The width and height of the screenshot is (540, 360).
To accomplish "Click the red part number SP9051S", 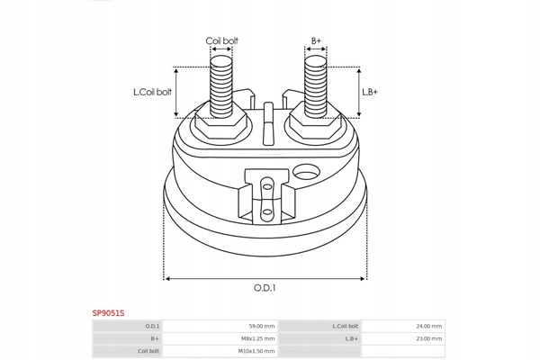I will tap(108, 312).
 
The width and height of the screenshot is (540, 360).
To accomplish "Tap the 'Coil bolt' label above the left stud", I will tap(221, 41).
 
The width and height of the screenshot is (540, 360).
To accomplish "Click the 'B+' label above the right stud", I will tap(316, 41).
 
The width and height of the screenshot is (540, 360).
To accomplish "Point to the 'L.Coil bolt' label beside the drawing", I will tap(151, 92).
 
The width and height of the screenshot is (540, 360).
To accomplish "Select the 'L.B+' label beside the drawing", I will tap(370, 92).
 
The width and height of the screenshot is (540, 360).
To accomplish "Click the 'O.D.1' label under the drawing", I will tap(265, 288).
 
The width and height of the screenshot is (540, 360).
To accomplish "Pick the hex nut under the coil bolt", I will tap(221, 123).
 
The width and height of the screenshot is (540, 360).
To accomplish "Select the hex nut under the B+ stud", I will tap(316, 123).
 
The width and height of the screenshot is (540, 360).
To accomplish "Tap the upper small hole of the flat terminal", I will tap(265, 186).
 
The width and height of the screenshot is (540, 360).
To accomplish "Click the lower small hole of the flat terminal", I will tap(265, 213).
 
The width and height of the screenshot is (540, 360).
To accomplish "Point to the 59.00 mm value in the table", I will tap(262, 326).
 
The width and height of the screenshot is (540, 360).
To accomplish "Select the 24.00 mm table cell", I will tap(429, 326).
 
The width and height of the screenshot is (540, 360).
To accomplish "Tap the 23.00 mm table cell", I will tap(429, 338).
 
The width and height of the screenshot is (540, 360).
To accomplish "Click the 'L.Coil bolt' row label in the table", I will tap(346, 326).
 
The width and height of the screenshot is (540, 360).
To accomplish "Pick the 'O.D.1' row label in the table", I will tap(153, 326).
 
